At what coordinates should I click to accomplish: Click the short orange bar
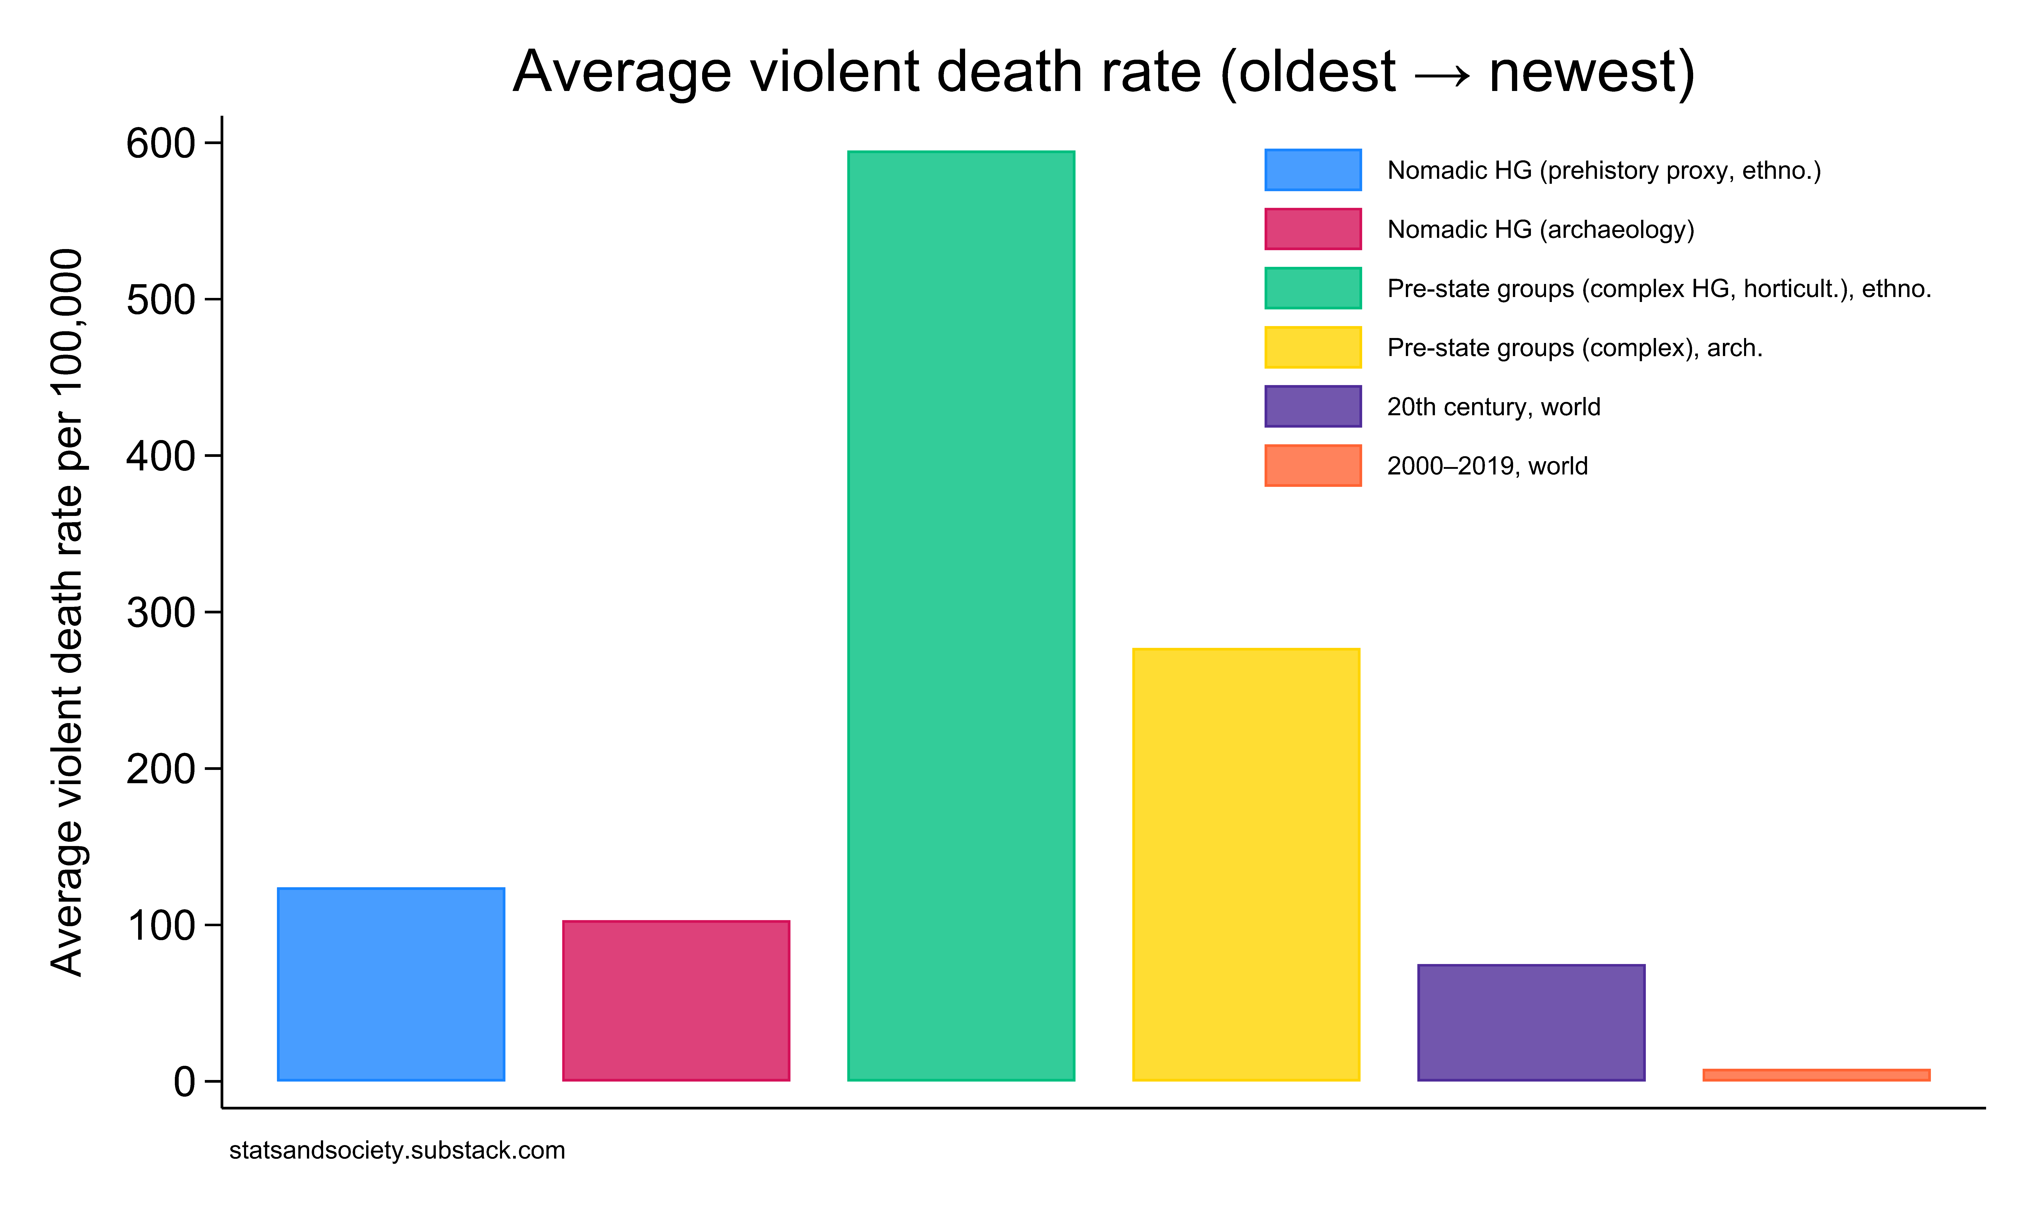point(1816,1075)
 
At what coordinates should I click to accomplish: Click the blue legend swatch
point(1312,170)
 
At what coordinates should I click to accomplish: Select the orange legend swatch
point(1312,465)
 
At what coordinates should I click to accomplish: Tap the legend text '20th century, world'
point(1493,407)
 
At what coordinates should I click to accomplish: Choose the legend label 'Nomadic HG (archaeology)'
point(1540,229)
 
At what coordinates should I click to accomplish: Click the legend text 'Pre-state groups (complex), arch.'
point(1574,348)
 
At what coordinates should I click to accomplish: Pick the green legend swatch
point(1312,288)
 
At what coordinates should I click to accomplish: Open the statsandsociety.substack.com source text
point(397,1150)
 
